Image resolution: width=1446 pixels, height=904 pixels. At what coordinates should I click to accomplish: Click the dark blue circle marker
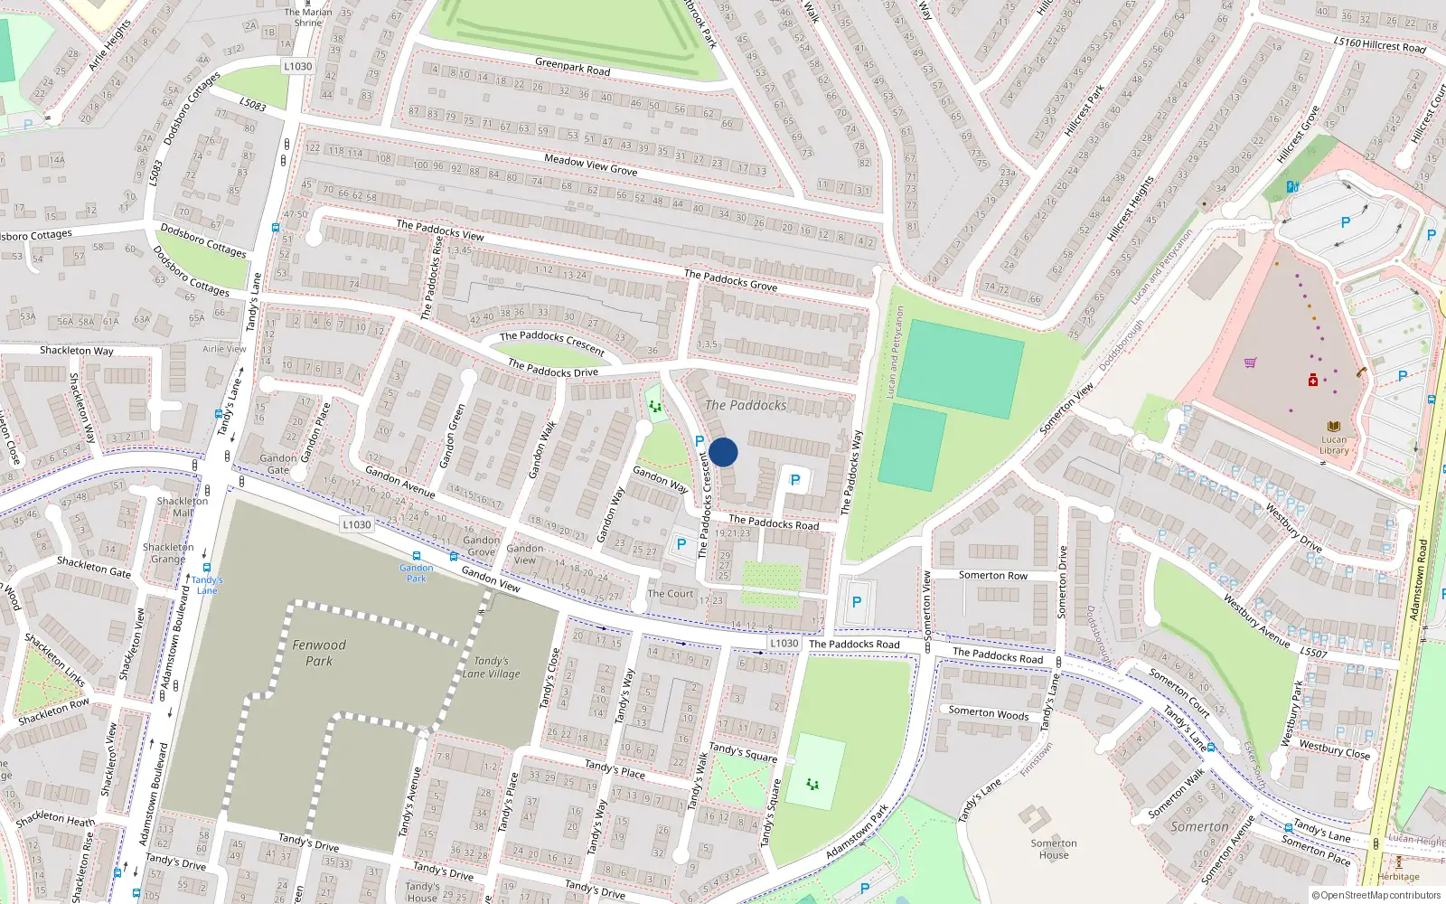click(723, 452)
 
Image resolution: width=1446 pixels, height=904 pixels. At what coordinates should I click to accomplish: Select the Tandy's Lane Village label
click(492, 667)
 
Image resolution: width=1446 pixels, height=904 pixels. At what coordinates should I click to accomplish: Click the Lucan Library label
click(1334, 445)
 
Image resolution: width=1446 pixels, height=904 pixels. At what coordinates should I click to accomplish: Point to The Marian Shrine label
click(308, 17)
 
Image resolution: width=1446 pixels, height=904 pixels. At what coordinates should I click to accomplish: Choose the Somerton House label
click(1054, 849)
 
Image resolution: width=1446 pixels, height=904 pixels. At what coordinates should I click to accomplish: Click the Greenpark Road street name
click(572, 67)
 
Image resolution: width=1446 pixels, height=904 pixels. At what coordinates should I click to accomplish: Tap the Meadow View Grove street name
click(590, 165)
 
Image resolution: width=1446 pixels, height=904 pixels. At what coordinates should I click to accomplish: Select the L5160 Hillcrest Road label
click(1379, 43)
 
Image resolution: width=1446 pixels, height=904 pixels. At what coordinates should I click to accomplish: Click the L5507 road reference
click(1313, 652)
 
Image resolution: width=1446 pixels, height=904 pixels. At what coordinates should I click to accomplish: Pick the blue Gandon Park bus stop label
click(416, 573)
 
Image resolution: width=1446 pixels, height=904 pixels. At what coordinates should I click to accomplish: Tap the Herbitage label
click(1398, 877)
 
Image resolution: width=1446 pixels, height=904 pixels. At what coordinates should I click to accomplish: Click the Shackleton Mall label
click(183, 507)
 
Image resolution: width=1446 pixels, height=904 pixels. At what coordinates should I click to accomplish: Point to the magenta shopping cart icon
click(1250, 363)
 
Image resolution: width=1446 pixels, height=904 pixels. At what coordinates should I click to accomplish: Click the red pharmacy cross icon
click(1313, 381)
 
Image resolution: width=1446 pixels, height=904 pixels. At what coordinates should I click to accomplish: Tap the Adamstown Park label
click(857, 832)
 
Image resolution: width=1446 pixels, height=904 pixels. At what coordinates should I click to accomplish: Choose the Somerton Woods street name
click(989, 713)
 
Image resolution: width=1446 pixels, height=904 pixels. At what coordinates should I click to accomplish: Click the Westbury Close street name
click(1334, 749)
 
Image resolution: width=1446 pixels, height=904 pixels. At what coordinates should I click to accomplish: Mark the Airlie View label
click(224, 349)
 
